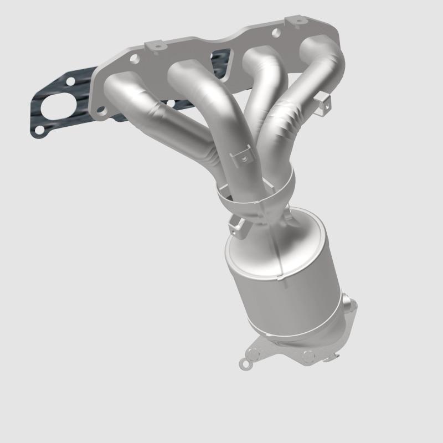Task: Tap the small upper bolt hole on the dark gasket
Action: coord(70,82)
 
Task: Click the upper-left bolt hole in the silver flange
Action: coord(133,57)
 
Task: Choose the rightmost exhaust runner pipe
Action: coord(310,83)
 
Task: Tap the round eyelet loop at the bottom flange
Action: coord(244,363)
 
